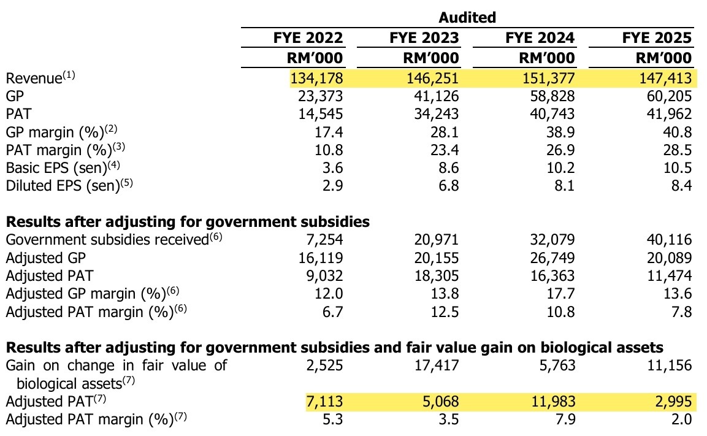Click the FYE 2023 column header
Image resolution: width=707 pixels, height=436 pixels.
coord(424,37)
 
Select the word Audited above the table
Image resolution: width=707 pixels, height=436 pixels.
coord(467,17)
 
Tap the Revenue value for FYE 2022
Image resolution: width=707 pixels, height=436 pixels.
coord(316,78)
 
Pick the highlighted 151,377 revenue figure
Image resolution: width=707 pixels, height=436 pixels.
coord(548,78)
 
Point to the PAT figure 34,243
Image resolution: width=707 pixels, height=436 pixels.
coord(437,113)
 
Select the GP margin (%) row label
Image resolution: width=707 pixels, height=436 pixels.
coord(61,132)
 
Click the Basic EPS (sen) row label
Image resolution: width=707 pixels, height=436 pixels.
coord(63,167)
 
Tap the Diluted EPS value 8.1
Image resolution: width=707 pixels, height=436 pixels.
coord(565,185)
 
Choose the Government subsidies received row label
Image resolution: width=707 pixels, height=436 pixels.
coord(113,239)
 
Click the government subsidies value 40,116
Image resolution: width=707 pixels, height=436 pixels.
coord(669,239)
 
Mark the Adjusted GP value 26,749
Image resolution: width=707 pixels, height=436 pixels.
coord(552,258)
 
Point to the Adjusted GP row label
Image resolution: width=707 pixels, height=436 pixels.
coord(45,258)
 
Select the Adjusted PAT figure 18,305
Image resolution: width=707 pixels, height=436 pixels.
coord(437,275)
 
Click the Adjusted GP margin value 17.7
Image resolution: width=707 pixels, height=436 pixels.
coord(561,294)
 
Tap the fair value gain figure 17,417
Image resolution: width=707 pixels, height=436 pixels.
coord(437,365)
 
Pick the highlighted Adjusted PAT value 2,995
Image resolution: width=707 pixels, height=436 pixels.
coord(673,401)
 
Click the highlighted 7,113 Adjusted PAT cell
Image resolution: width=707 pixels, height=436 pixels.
coord(324,401)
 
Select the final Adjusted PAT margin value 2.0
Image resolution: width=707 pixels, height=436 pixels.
coord(681,419)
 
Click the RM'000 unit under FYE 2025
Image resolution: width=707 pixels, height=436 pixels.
coord(663,58)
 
